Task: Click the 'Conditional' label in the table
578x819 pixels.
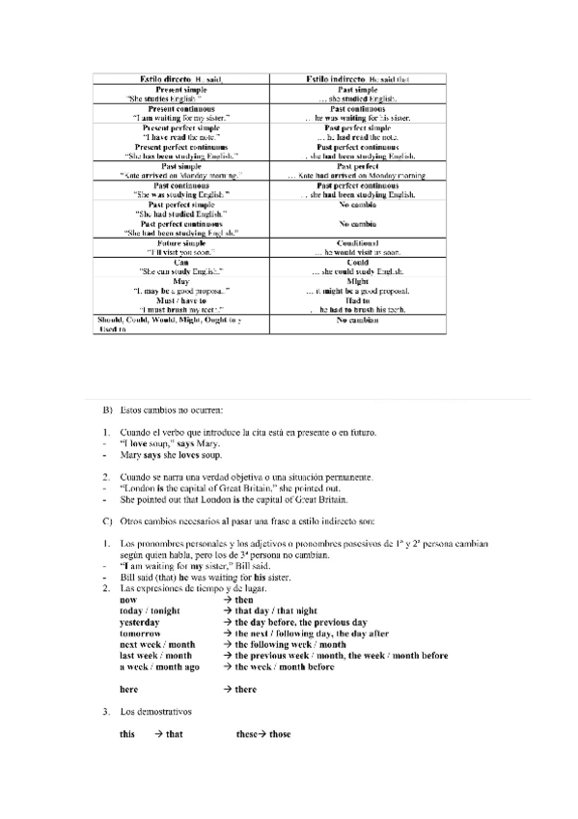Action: (x=357, y=242)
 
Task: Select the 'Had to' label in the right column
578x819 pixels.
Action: (x=357, y=299)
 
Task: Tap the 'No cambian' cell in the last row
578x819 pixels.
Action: (x=357, y=320)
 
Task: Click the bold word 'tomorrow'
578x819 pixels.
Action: (x=140, y=633)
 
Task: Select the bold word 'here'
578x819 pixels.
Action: (x=128, y=690)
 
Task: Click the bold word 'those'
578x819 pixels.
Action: (x=279, y=734)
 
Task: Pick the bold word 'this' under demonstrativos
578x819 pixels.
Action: (x=127, y=734)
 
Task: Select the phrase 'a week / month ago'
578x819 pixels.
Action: (x=159, y=666)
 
